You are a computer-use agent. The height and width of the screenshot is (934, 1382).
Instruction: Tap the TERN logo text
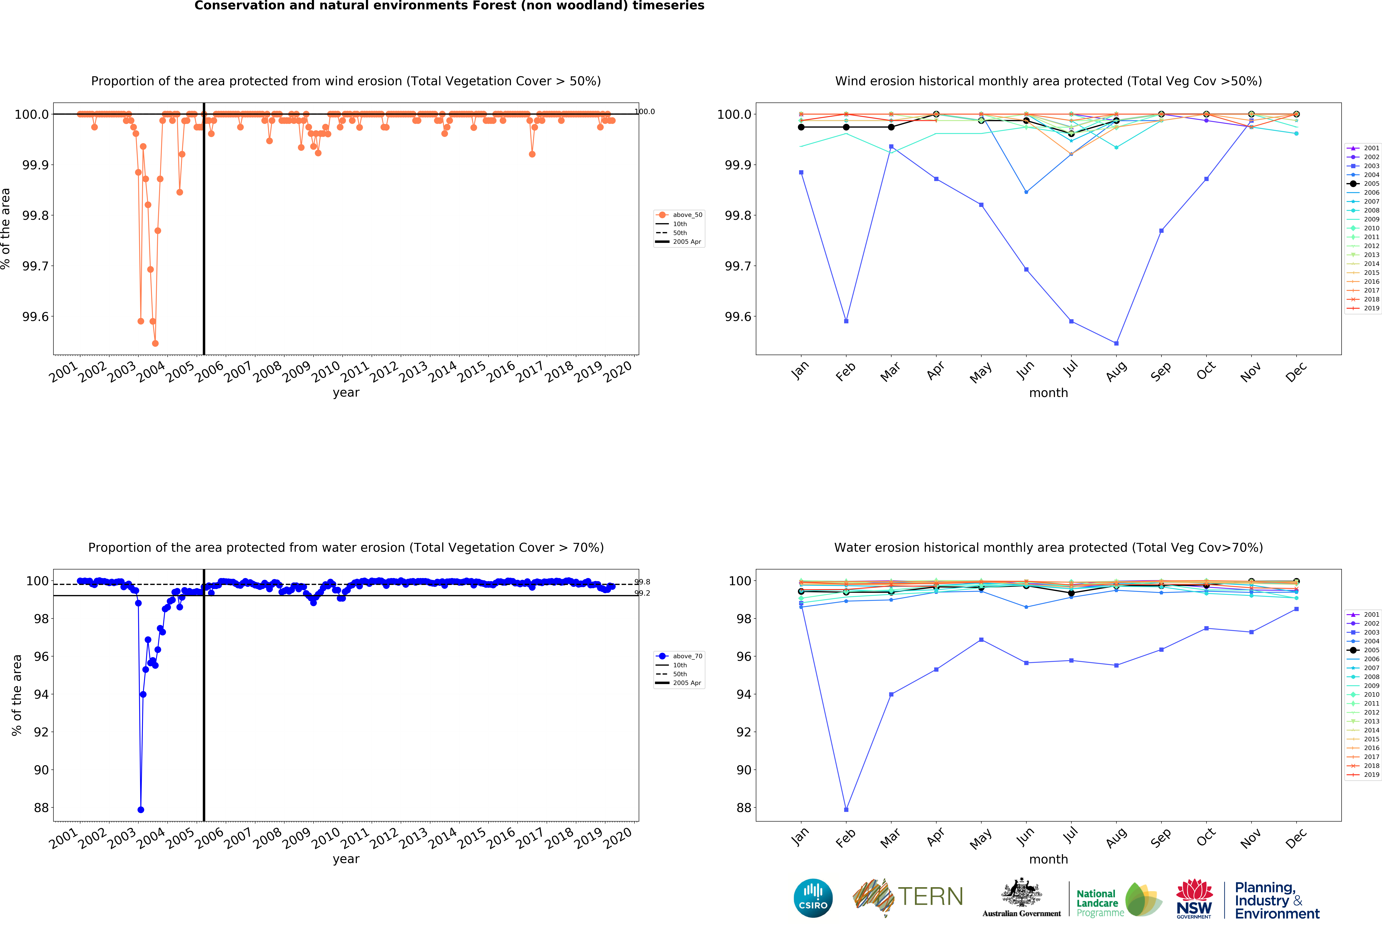point(931,897)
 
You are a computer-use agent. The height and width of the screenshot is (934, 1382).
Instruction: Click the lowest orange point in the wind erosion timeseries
point(155,343)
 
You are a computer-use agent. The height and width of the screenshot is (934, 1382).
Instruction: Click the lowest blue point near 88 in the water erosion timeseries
point(140,810)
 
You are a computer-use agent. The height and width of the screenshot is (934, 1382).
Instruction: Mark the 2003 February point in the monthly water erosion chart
point(846,810)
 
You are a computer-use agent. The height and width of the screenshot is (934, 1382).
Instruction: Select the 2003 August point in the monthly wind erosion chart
point(1116,343)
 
